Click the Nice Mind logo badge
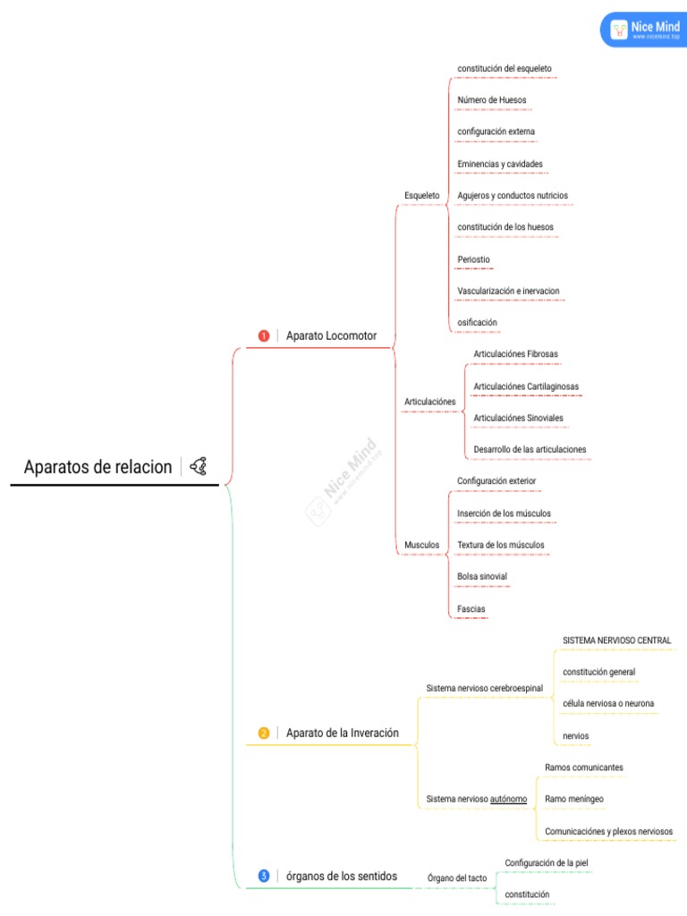tap(644, 30)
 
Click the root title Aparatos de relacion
tap(98, 467)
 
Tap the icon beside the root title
tap(198, 466)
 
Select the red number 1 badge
tap(264, 336)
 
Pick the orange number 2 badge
tap(264, 734)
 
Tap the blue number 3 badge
tap(264, 877)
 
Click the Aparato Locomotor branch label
tap(331, 336)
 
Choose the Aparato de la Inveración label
tap(343, 734)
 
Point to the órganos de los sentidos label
tap(341, 877)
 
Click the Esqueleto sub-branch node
tap(422, 196)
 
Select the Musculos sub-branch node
tap(422, 545)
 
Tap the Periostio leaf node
tap(474, 259)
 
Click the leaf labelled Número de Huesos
tap(492, 100)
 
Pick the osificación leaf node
tap(478, 322)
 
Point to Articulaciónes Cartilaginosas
tap(526, 386)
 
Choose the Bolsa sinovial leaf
tap(482, 577)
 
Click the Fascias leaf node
tap(471, 608)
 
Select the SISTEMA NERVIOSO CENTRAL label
tap(617, 640)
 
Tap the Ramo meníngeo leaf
tap(574, 799)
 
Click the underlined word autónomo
tap(508, 799)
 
